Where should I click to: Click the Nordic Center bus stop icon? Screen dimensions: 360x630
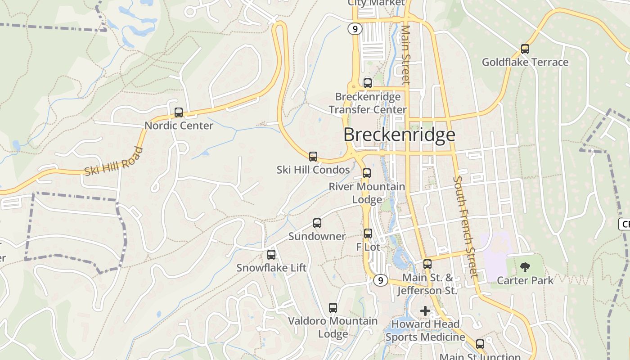tap(179, 112)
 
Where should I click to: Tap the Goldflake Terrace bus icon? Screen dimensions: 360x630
tap(525, 49)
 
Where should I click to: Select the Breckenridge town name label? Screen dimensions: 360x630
tap(399, 135)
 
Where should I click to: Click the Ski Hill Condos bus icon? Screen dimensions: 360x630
tap(313, 157)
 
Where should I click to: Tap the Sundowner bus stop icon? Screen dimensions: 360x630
tap(317, 223)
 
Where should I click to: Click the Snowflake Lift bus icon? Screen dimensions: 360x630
tap(271, 255)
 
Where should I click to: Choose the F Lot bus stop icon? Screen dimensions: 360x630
tap(368, 234)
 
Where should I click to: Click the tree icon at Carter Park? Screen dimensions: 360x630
tap(525, 268)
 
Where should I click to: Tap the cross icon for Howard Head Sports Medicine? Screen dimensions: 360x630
tap(425, 310)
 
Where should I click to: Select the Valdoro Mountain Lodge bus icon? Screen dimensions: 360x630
tap(333, 308)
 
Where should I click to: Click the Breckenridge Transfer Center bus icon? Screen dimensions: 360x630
tap(368, 83)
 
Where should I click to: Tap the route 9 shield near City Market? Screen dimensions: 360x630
tap(355, 29)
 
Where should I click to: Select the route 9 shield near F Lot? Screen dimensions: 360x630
tap(380, 280)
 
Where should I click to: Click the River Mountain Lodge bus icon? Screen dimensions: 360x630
tap(367, 173)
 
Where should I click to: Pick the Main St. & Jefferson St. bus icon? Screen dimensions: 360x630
tap(427, 264)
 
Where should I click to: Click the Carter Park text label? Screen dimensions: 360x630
tap(525, 281)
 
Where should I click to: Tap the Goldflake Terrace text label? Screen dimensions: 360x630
tap(525, 62)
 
